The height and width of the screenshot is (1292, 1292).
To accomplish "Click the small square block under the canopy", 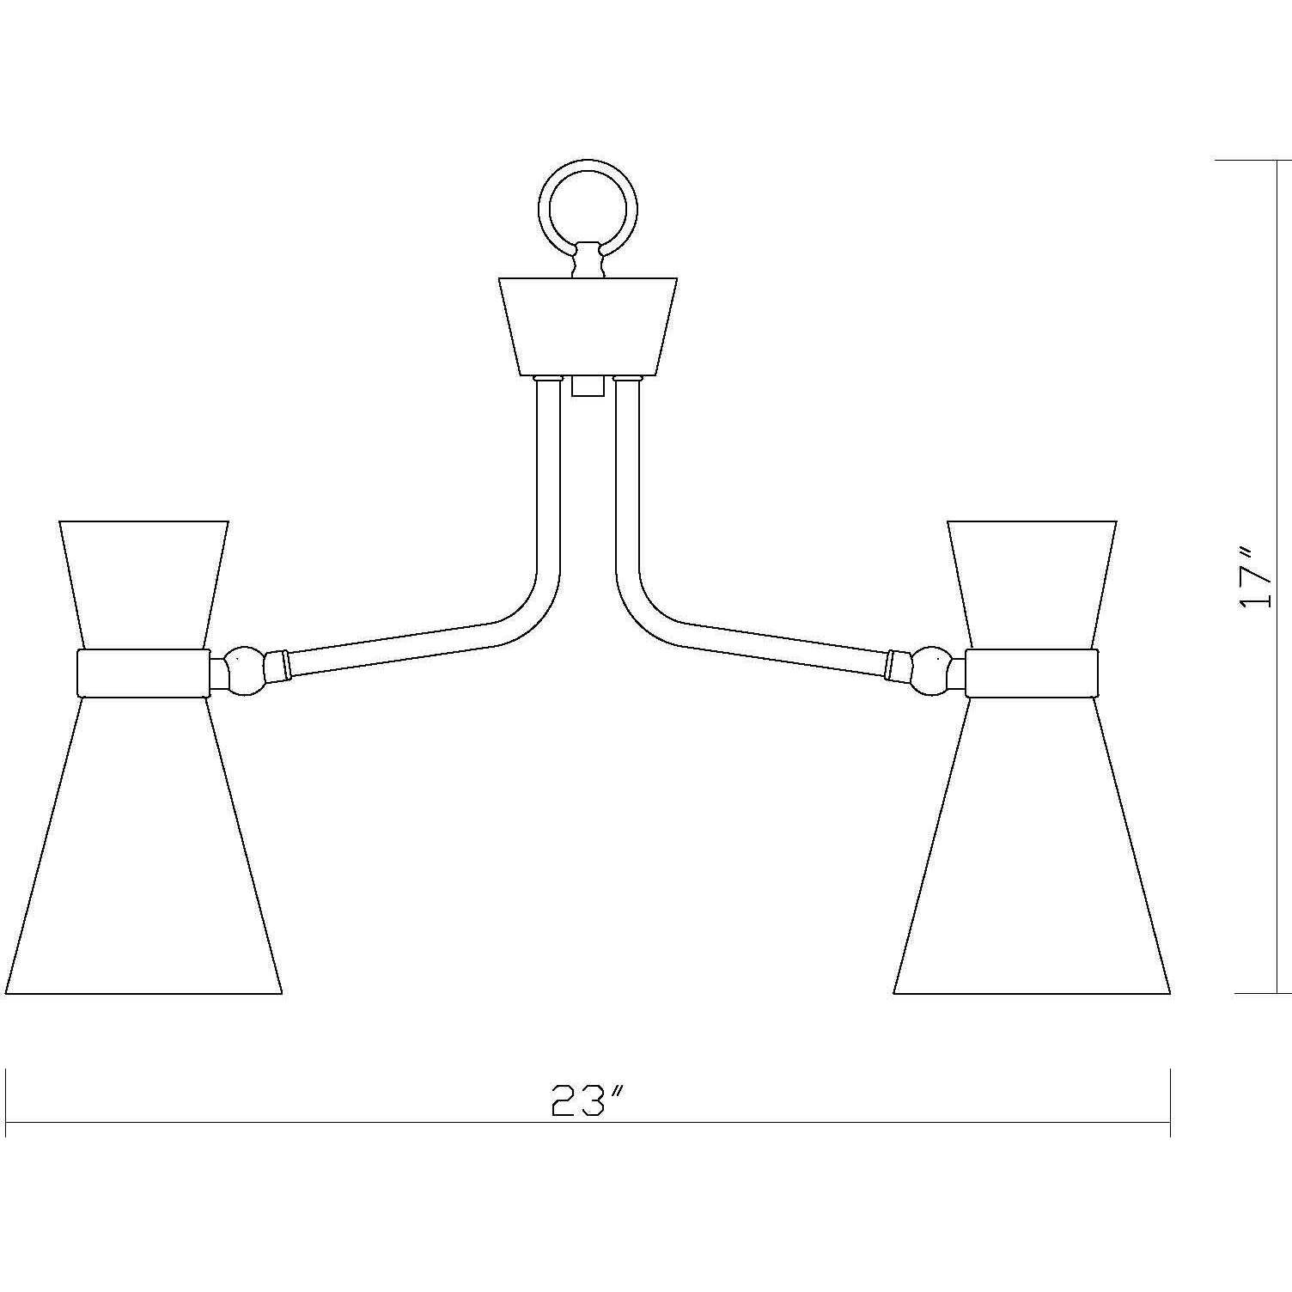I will (x=588, y=386).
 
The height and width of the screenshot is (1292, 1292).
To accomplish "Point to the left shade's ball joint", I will (x=243, y=671).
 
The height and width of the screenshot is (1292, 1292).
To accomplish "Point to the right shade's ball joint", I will (x=932, y=671).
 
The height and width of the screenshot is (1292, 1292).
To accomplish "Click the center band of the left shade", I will (x=143, y=673).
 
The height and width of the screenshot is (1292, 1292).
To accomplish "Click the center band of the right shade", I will (x=1032, y=673).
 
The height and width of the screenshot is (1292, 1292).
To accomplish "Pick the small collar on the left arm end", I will (x=277, y=665).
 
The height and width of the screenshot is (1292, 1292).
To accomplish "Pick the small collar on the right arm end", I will (x=899, y=665).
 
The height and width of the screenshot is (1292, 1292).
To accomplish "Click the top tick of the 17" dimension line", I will (x=1254, y=161).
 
